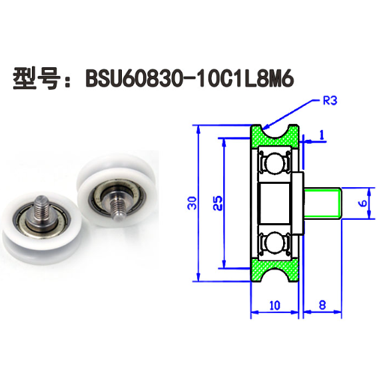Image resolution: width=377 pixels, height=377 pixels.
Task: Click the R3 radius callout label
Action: [x=331, y=102]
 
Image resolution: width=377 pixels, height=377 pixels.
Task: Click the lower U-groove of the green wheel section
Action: [x=274, y=273]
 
